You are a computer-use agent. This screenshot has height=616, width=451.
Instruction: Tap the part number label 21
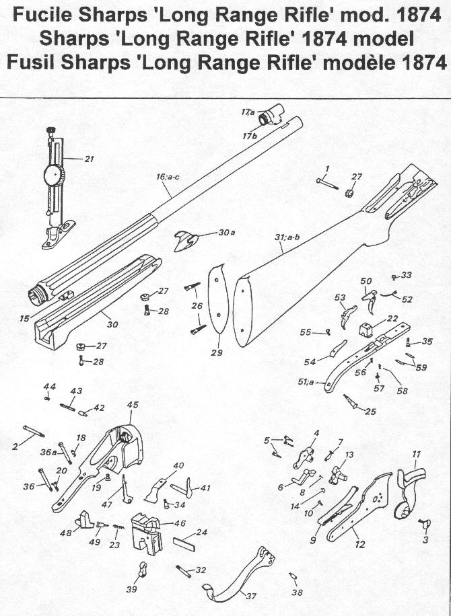(x=89, y=159)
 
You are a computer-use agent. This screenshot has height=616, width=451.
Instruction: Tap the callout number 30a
(x=227, y=233)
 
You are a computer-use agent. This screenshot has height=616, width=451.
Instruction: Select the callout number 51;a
(x=306, y=382)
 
